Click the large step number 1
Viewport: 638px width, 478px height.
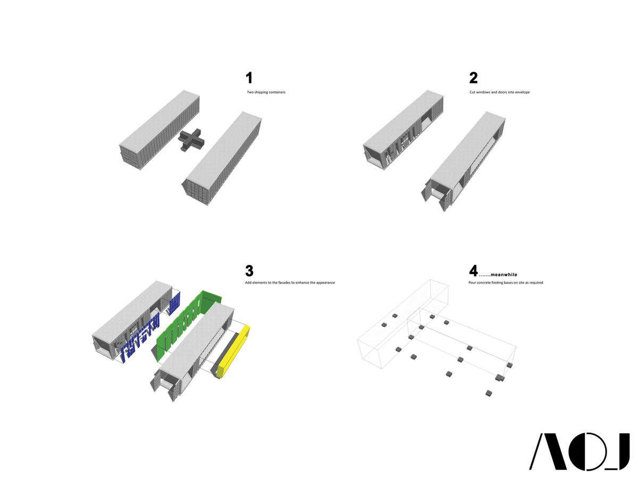[249, 78]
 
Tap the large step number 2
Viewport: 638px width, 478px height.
[473, 78]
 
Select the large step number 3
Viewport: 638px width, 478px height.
[249, 270]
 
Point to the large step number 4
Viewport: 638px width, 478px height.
[473, 270]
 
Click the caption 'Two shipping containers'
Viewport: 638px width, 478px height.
[266, 92]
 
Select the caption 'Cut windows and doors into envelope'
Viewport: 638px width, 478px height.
[499, 92]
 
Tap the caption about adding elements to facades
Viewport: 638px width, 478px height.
[290, 283]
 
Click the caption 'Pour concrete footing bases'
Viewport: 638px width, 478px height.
[506, 283]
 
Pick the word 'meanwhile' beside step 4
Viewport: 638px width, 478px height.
[503, 275]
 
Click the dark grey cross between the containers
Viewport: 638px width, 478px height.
[191, 140]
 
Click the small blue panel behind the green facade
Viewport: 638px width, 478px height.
[174, 303]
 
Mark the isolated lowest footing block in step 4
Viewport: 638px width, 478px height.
[489, 394]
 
